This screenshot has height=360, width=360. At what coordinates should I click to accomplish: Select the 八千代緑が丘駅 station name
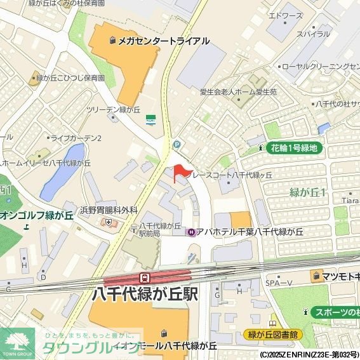(145, 295)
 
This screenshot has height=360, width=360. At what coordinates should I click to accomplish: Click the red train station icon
(145, 277)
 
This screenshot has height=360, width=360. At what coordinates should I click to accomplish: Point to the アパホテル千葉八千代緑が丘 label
(244, 232)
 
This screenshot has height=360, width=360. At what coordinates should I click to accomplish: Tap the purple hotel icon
(190, 232)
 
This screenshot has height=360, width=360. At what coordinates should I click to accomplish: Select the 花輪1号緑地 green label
(294, 148)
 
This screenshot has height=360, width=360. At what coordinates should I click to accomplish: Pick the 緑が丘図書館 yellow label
(273, 335)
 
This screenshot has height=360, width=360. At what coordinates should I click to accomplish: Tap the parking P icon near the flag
(177, 144)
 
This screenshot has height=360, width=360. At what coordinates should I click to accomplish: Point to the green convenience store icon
(151, 118)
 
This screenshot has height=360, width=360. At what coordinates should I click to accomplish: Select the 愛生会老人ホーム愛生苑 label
(238, 91)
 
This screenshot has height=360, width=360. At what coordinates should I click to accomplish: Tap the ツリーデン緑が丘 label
(113, 109)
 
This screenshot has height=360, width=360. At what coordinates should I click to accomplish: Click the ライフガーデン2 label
(76, 138)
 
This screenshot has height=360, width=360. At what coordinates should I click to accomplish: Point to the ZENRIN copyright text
(309, 355)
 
